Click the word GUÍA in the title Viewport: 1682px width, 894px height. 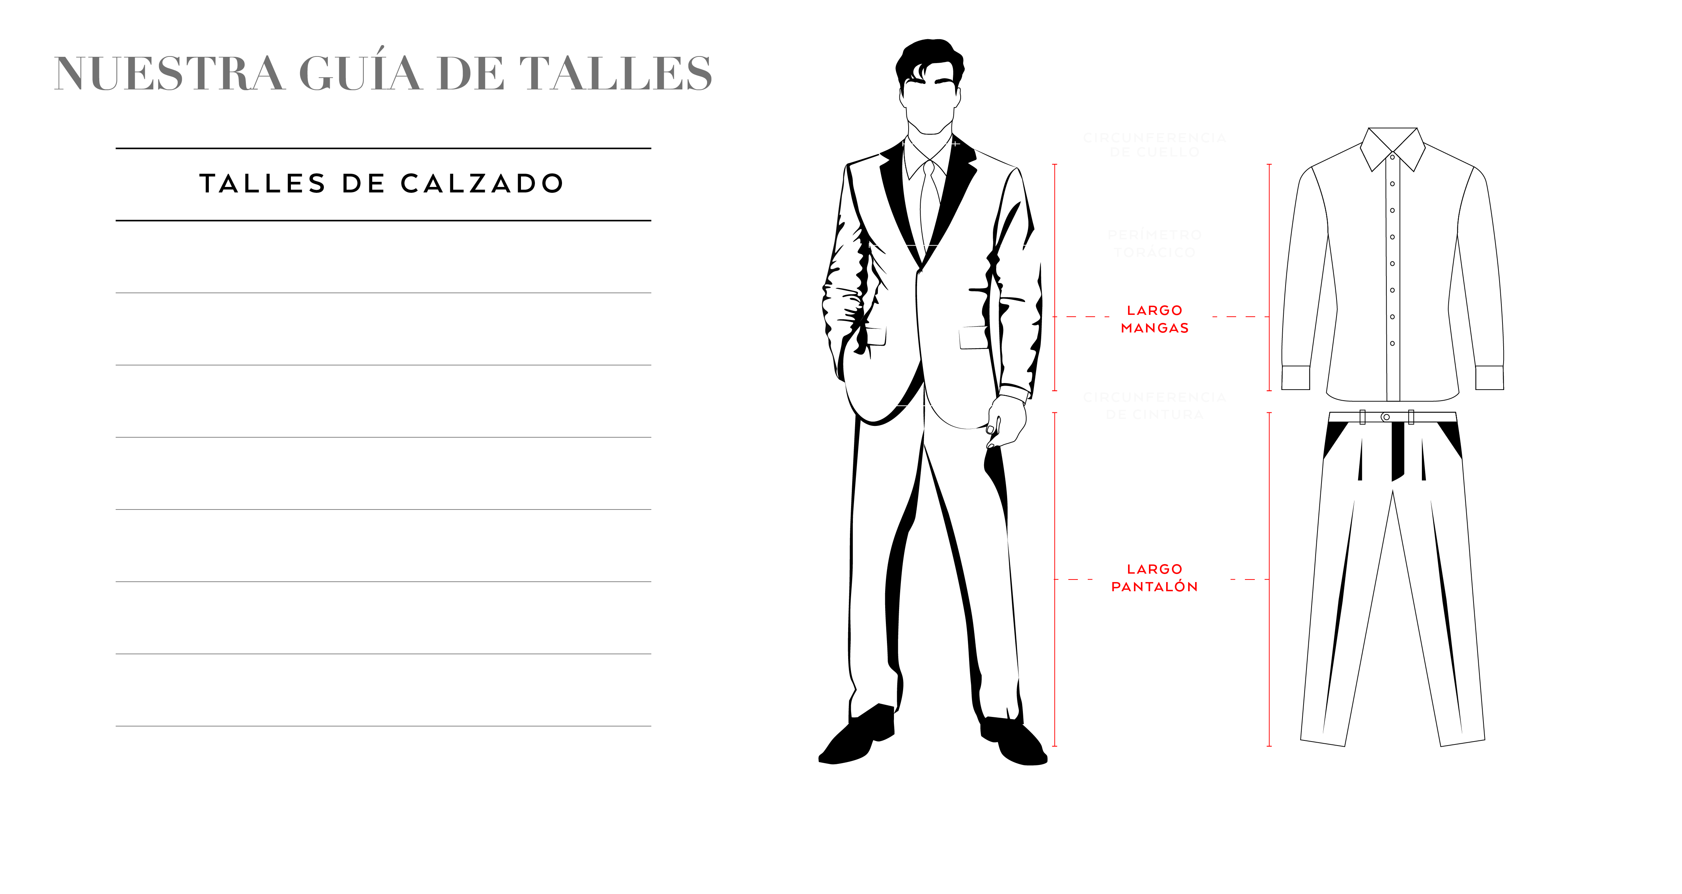click(x=360, y=73)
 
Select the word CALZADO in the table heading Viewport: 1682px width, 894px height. click(x=482, y=184)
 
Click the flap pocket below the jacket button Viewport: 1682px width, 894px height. click(x=973, y=338)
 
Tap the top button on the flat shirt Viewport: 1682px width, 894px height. click(x=1392, y=157)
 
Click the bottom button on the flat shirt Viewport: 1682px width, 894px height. click(x=1392, y=343)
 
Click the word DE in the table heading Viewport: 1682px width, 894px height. click(x=363, y=184)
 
